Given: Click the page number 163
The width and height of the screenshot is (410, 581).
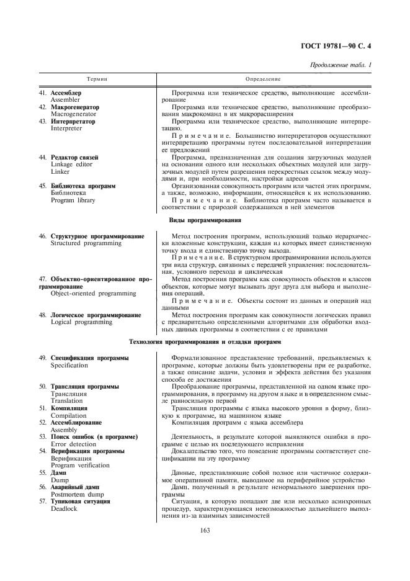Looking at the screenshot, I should pos(205,529).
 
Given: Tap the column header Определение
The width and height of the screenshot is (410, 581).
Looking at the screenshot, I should pos(263,79).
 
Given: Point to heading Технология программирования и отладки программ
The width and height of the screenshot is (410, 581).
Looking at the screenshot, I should pos(205,342).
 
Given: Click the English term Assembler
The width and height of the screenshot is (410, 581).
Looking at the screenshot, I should pos(65,99).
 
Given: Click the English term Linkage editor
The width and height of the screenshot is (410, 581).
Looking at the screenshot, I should pos(70,164).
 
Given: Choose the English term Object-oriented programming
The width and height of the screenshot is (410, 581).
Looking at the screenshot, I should pos(93,293).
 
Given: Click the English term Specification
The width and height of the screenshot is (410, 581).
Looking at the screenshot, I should pos(69,366).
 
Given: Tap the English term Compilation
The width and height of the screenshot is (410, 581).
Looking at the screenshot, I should pos(68,415).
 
